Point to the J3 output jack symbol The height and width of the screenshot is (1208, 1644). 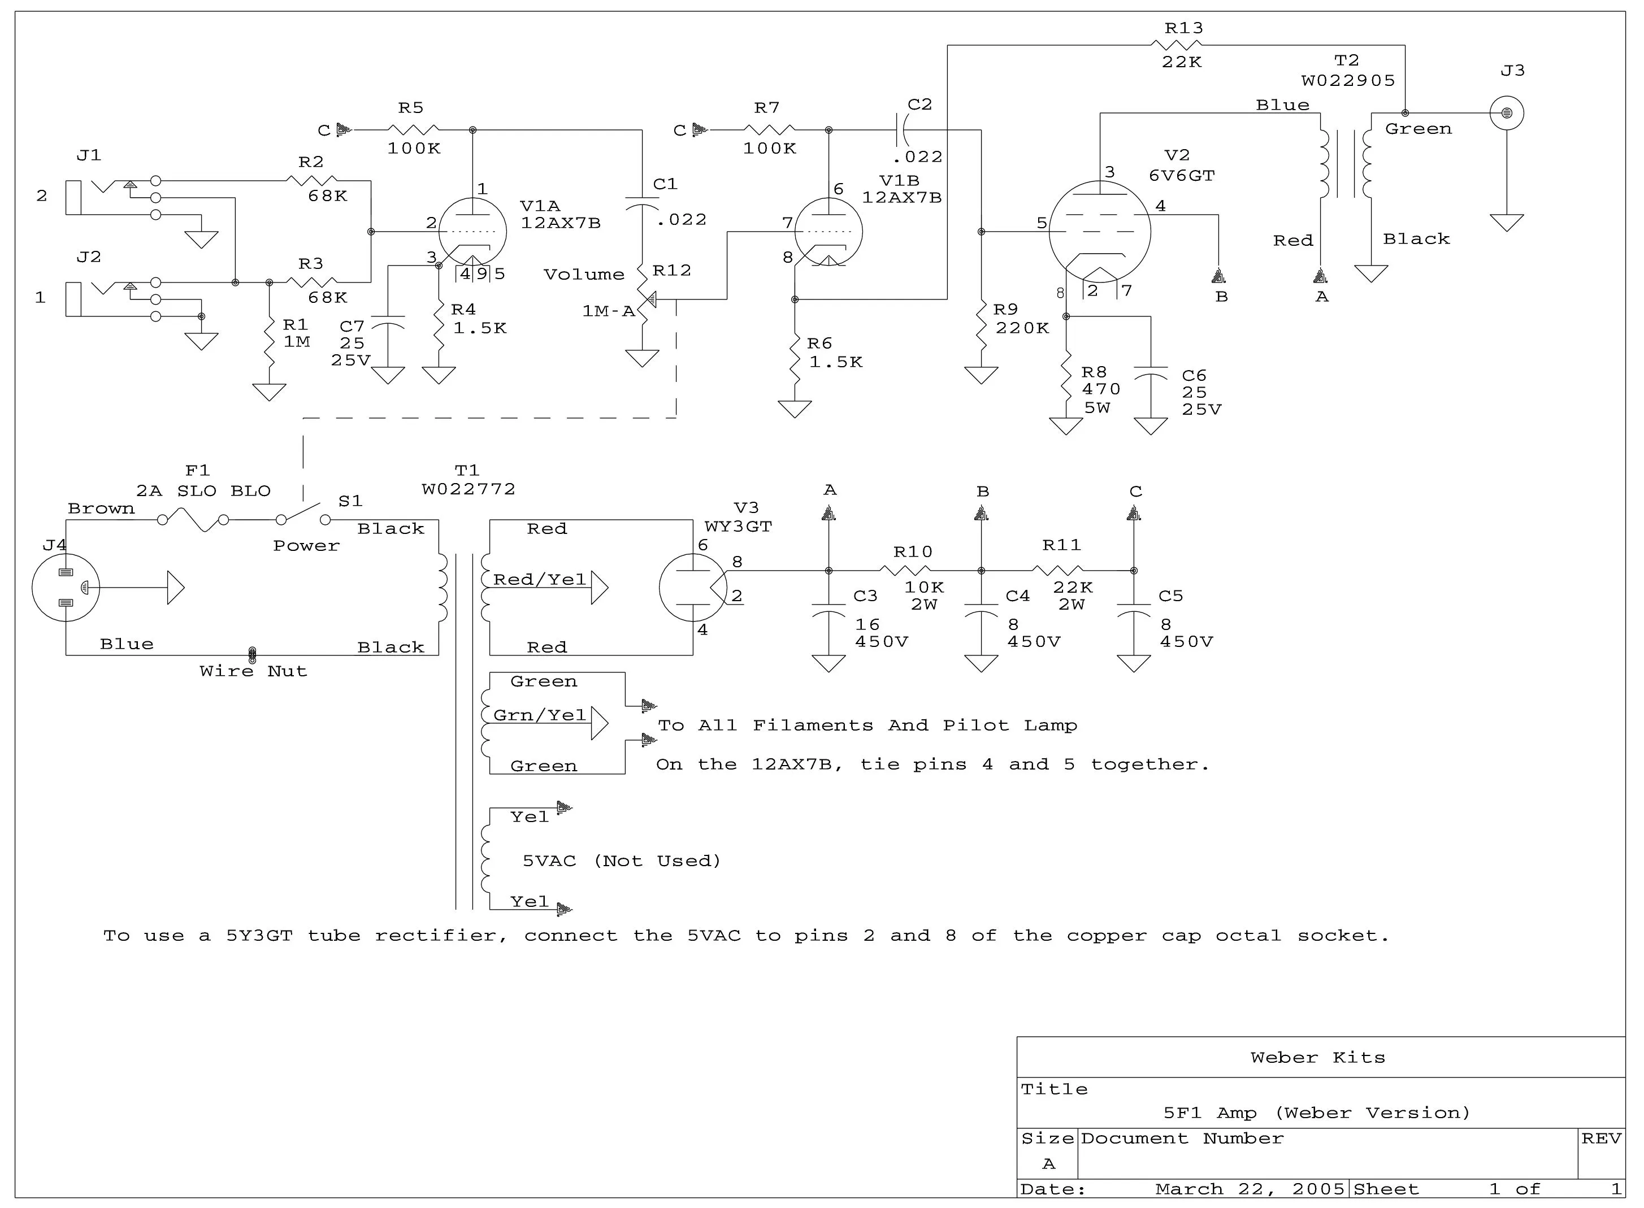1507,114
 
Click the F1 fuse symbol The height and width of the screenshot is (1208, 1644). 193,520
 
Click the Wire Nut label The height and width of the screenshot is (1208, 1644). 253,671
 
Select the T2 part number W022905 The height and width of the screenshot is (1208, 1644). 1348,80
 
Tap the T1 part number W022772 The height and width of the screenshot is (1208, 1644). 468,489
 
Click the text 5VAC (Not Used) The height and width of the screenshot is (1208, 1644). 622,861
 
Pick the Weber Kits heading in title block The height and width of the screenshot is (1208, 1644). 1318,1057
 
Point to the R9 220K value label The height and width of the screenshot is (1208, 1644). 1022,328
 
